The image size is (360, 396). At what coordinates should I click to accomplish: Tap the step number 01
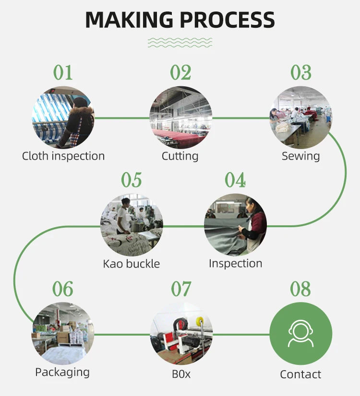tap(63, 73)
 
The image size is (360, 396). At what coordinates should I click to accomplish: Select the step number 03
tap(301, 73)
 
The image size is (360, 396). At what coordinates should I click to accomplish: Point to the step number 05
tap(132, 181)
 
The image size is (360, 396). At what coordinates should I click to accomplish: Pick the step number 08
tap(300, 290)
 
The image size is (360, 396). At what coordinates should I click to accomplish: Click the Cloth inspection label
tap(63, 156)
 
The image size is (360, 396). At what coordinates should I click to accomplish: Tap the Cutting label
tap(180, 156)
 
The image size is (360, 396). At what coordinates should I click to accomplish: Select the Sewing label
tap(300, 156)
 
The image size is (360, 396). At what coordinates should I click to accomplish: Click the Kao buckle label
tap(132, 264)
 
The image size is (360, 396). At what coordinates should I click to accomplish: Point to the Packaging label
tap(62, 373)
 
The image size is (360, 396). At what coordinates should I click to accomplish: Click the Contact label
tap(300, 374)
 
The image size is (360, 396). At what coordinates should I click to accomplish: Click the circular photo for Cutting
tap(180, 117)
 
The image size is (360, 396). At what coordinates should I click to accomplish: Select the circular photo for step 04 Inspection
tap(235, 225)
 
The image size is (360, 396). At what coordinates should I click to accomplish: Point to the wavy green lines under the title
tap(180, 42)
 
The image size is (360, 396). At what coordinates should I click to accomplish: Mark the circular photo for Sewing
tap(300, 117)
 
